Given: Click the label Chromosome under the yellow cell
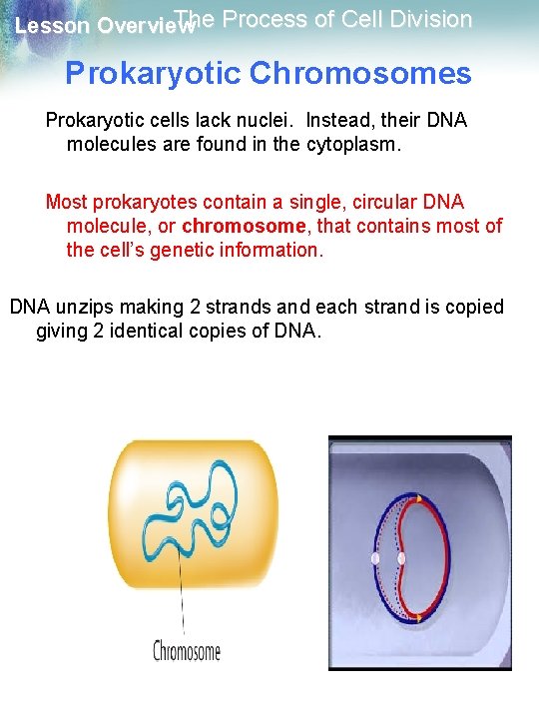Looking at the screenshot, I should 187,651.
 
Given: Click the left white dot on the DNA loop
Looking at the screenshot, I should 375,558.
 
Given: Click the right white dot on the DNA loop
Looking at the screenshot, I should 402,558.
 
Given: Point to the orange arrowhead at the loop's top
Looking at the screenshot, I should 419,498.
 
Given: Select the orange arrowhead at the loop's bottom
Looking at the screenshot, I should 417,618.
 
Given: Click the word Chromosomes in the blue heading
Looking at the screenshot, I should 363,73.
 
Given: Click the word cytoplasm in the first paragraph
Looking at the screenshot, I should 326,144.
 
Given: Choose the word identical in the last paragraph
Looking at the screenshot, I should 147,331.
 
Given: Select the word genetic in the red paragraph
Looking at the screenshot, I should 153,250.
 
